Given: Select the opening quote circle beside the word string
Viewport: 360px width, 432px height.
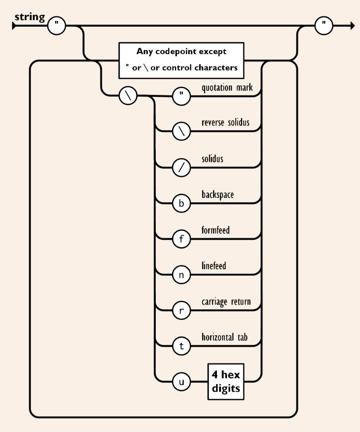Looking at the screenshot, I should (x=56, y=26).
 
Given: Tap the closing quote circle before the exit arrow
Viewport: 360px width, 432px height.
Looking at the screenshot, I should (x=323, y=26).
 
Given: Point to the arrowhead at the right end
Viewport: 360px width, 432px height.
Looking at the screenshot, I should (x=352, y=26).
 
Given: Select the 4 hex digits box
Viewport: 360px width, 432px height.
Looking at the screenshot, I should (x=225, y=381).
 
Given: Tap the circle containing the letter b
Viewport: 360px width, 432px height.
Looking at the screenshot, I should (x=181, y=204).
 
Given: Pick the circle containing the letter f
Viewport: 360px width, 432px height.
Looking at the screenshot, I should (x=181, y=239).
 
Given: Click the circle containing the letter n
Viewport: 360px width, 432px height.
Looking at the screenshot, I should (x=181, y=275).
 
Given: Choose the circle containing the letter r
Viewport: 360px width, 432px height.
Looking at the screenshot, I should (x=181, y=311).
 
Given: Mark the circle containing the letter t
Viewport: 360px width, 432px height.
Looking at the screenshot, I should (x=181, y=346).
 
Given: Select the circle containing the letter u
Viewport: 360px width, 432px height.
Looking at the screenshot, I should (x=181, y=382).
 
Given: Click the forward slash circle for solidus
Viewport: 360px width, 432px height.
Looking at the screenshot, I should (x=181, y=168).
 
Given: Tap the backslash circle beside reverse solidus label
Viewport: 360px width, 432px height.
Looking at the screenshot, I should (x=181, y=132).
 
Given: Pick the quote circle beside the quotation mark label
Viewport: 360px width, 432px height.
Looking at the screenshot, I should (x=181, y=97).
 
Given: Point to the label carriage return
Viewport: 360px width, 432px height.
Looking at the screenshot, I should (x=226, y=301).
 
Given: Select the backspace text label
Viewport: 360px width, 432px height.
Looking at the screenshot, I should (x=218, y=195).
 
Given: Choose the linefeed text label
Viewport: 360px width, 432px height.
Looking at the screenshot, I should (x=214, y=266).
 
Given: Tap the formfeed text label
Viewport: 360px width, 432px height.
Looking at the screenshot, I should (x=216, y=230).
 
